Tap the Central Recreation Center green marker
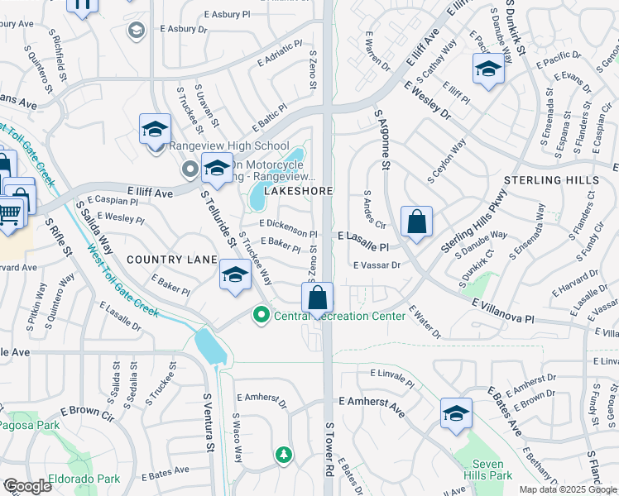(x=262, y=314)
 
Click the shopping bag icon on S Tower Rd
(x=317, y=298)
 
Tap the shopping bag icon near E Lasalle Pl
(x=416, y=222)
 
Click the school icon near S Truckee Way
(x=235, y=275)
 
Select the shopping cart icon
(x=9, y=213)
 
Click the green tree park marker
(x=284, y=454)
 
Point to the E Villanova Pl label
(x=504, y=311)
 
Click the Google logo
(x=27, y=486)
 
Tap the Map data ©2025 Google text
(x=567, y=489)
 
